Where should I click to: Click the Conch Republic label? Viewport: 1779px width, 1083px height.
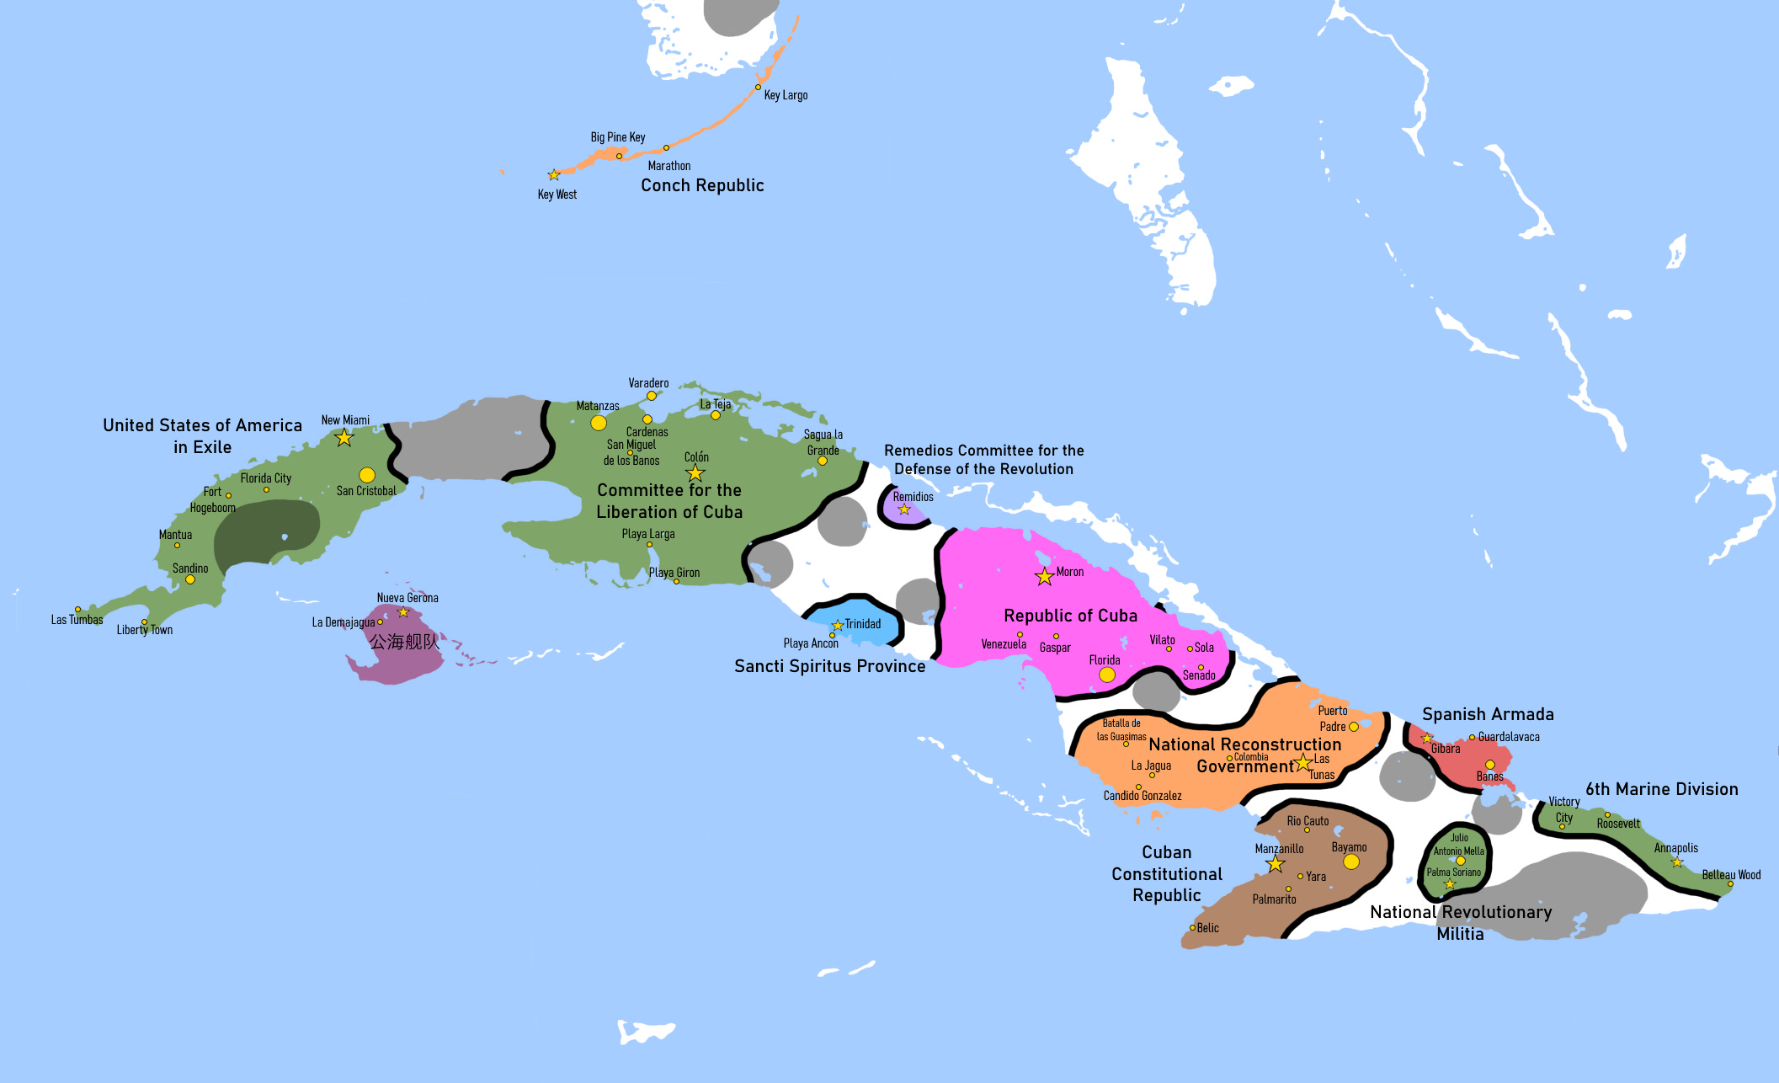[702, 185]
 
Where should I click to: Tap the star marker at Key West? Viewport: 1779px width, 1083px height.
[554, 175]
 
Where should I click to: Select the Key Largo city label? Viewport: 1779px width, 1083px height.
[786, 95]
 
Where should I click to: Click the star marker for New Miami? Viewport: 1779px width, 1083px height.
[344, 438]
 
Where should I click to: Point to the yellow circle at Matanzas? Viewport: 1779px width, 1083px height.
[599, 423]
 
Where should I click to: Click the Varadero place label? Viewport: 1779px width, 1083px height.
[648, 383]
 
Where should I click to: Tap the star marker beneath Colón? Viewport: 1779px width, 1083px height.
[695, 473]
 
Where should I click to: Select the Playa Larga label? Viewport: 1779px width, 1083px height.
[648, 534]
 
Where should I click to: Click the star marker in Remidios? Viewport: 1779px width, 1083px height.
[904, 509]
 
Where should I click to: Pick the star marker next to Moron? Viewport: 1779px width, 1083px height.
[1045, 577]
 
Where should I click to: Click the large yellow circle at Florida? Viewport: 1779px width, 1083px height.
[1107, 675]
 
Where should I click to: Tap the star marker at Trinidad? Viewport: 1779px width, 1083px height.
[838, 626]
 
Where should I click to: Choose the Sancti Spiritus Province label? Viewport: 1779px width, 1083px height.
[829, 666]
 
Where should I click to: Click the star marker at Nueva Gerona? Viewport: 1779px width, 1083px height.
[403, 612]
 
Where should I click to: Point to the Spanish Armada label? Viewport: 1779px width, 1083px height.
[1488, 714]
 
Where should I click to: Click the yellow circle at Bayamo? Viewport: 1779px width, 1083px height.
[1351, 862]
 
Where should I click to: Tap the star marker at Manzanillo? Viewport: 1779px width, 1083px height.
[1276, 865]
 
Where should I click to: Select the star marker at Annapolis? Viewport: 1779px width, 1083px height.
[1677, 862]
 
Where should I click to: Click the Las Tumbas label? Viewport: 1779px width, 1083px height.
[77, 620]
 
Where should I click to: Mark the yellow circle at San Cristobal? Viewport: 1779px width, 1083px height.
[367, 475]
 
